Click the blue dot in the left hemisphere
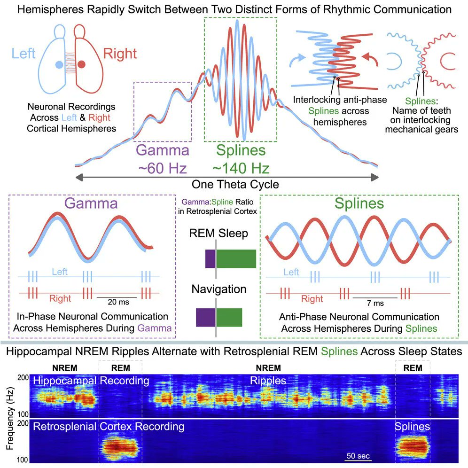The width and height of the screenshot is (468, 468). click(59, 65)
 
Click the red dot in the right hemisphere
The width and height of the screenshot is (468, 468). click(82, 64)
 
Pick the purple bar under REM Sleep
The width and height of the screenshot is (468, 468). click(210, 259)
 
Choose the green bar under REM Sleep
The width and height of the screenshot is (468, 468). click(236, 259)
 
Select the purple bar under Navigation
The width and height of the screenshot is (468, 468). click(205, 317)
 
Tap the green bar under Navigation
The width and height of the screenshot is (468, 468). click(229, 317)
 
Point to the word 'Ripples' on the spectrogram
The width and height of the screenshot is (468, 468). click(268, 381)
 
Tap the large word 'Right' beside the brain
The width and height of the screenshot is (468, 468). click(120, 53)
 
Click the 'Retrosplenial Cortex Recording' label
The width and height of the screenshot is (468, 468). click(109, 427)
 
